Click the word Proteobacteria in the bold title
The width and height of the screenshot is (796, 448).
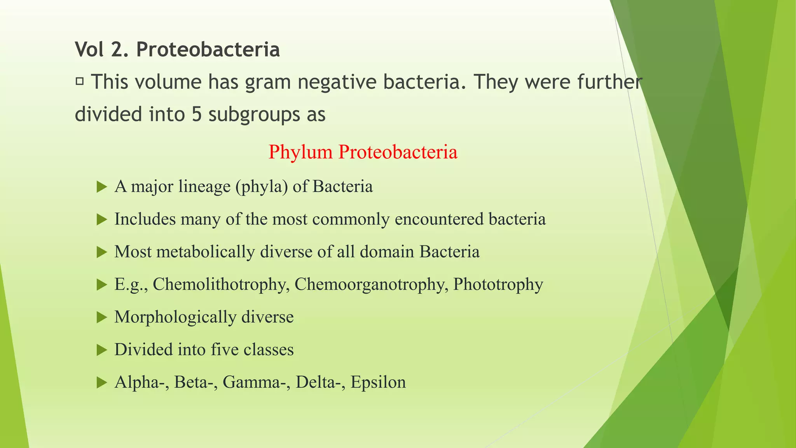pos(208,50)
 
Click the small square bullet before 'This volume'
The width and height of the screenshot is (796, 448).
pos(80,81)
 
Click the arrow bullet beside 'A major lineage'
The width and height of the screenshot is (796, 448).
pos(102,187)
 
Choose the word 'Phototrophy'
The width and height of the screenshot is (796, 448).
pos(498,284)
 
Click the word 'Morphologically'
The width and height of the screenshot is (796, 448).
pos(175,317)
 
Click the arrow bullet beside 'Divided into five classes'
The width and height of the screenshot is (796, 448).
pos(102,350)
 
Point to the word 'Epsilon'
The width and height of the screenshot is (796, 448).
pos(378,382)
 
